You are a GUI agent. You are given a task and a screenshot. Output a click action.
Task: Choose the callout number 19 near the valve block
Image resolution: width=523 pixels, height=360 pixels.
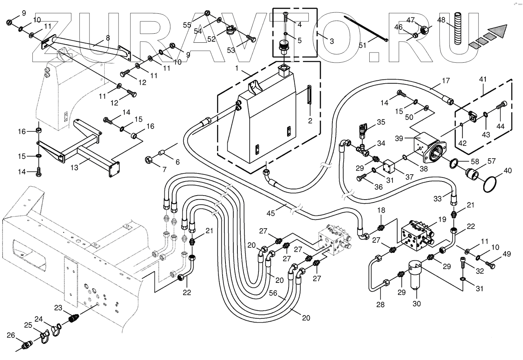pyautogui.click(x=442, y=219)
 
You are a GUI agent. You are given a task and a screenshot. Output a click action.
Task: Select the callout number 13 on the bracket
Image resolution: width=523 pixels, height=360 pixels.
pyautogui.click(x=74, y=168)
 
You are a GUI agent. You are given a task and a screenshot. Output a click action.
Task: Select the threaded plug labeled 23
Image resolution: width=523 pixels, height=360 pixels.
pyautogui.click(x=74, y=318)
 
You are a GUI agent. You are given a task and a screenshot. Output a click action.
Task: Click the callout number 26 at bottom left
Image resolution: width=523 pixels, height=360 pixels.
pyautogui.click(x=11, y=335)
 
